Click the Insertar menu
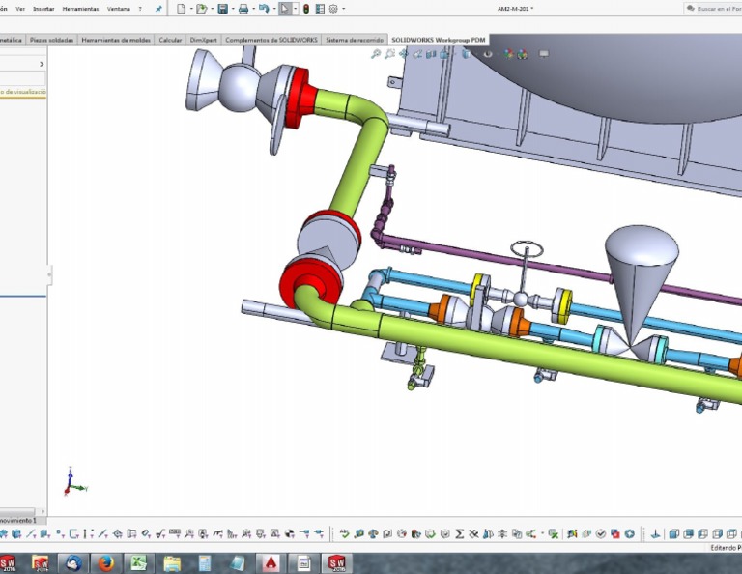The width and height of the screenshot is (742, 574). (43, 9)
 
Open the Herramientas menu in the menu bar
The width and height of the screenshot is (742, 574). (80, 9)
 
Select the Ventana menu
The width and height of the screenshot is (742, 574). (119, 9)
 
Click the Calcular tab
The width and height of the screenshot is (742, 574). (170, 40)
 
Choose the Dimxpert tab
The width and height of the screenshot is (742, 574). (203, 40)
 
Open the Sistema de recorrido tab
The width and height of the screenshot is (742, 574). (355, 40)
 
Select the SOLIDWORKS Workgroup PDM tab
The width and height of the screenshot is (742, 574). (439, 40)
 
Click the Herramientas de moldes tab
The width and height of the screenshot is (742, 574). (117, 40)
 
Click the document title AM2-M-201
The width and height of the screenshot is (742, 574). (514, 9)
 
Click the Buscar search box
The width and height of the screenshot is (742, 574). (715, 9)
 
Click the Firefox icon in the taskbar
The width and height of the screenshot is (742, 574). (105, 562)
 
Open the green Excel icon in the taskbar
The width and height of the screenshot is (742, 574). (138, 562)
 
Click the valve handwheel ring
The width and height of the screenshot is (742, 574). (527, 248)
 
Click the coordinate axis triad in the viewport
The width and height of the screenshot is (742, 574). (72, 482)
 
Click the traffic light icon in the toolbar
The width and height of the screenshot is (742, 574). (306, 9)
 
